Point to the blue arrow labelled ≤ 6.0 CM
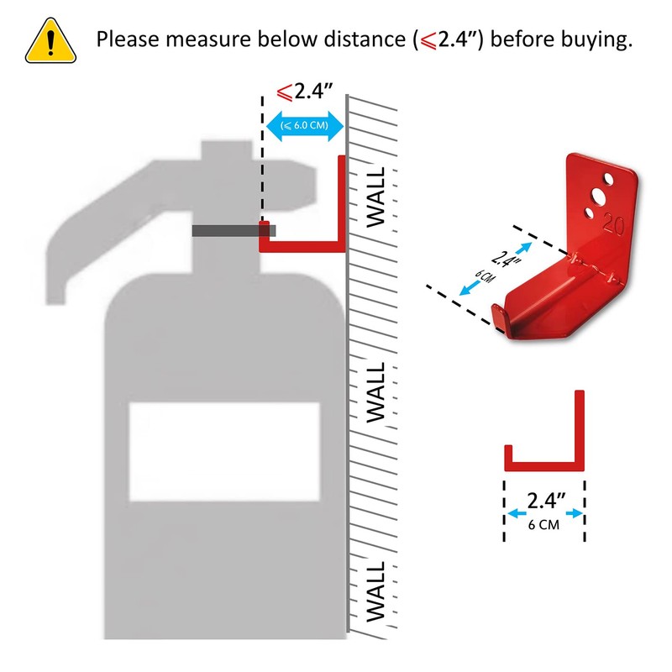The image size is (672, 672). (303, 128)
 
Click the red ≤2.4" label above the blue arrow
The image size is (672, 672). (304, 90)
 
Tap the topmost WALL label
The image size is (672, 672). (375, 197)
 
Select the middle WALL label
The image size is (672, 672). (375, 392)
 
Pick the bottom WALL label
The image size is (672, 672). (375, 592)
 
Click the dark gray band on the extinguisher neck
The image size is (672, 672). (233, 230)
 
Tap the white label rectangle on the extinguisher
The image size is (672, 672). (224, 452)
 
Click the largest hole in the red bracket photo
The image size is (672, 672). (598, 197)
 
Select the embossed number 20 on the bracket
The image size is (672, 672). (613, 223)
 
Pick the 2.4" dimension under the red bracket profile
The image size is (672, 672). (544, 501)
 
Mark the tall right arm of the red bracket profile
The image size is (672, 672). (580, 424)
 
